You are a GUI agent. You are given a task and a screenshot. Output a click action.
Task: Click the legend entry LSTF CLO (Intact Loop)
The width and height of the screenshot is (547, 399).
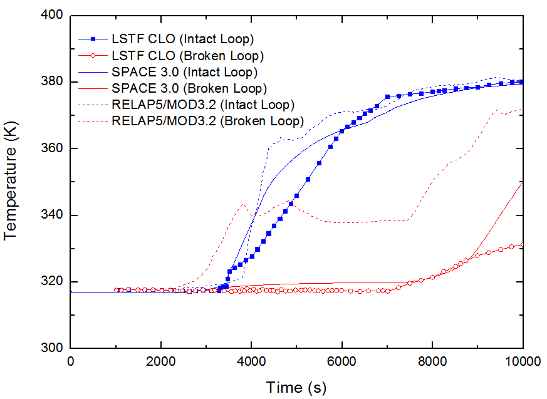[x=182, y=39]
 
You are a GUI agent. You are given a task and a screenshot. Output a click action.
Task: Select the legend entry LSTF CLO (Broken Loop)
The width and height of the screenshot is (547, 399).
[x=187, y=55]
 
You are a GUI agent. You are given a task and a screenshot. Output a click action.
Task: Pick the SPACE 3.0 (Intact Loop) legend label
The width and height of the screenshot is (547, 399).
[x=184, y=71]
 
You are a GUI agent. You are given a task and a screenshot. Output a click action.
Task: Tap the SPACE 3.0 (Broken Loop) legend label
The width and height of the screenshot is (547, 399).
[x=189, y=88]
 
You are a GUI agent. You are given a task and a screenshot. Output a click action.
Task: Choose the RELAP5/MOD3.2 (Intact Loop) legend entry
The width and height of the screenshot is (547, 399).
[x=202, y=104]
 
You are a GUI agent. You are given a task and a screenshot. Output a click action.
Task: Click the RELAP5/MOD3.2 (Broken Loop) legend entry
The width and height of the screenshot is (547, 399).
[x=207, y=120]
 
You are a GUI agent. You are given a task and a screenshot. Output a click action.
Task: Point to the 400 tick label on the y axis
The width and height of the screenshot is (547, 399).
[x=53, y=15]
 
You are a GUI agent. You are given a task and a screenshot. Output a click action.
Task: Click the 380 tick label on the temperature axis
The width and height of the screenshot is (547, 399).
[x=53, y=82]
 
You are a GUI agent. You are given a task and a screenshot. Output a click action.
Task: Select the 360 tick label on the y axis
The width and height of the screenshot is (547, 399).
[x=53, y=148]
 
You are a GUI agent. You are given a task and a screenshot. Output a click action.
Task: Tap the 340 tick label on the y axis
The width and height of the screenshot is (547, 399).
[x=53, y=215]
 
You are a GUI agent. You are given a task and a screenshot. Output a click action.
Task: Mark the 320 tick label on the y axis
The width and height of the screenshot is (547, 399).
[x=53, y=281]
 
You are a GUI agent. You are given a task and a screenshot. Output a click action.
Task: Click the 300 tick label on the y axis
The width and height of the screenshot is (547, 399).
[x=53, y=348]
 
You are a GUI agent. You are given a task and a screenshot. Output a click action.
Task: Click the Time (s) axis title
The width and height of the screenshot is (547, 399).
[x=296, y=386]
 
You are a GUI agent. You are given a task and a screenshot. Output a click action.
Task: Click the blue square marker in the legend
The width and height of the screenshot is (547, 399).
[x=91, y=39]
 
